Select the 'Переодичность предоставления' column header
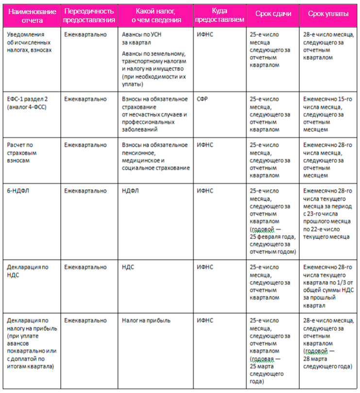(x=89, y=16)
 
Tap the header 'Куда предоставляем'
(x=220, y=16)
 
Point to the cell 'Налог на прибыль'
(x=147, y=321)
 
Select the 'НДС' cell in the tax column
(x=129, y=267)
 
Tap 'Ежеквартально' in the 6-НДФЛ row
(x=85, y=191)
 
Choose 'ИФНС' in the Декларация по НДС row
(x=205, y=267)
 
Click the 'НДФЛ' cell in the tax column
(x=131, y=191)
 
